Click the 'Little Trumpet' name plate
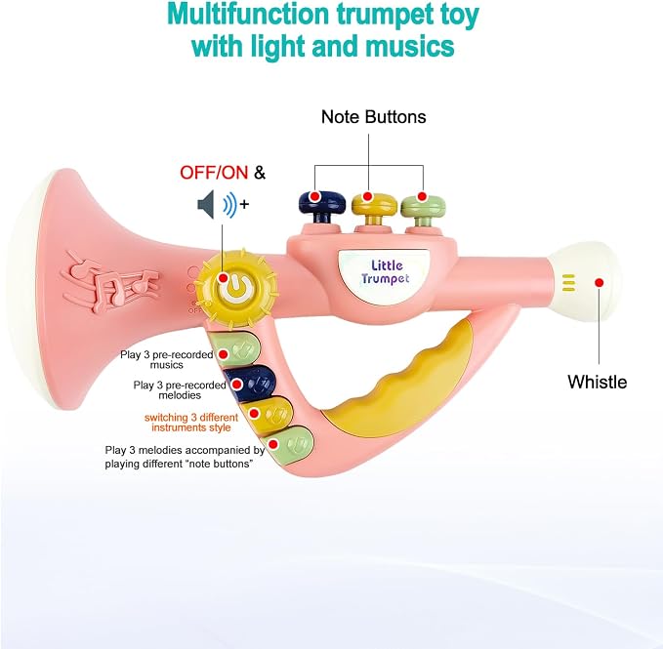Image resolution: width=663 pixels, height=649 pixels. [384, 272]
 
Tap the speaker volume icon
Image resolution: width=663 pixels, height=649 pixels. [223, 205]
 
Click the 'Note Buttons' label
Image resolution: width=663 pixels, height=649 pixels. [373, 117]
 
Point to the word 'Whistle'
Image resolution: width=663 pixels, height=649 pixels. [597, 382]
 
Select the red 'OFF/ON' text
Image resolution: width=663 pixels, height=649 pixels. [214, 173]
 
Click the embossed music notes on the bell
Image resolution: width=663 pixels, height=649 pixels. [110, 281]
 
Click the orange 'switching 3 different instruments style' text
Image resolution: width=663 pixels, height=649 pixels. [191, 423]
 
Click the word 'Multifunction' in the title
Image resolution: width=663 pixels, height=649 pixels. [248, 16]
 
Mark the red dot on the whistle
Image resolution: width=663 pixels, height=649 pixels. [599, 283]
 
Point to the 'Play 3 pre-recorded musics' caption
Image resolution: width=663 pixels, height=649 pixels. [167, 359]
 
